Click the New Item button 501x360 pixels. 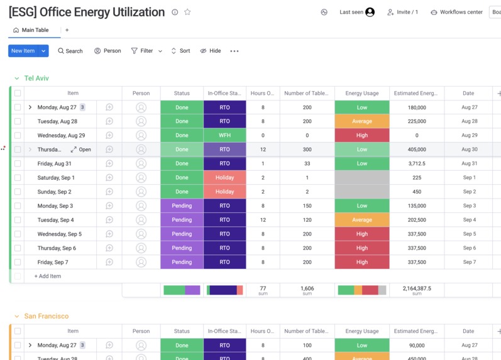(x=23, y=51)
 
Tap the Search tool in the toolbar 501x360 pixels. (x=70, y=51)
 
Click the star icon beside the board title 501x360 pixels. (x=187, y=12)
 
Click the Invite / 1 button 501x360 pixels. (x=402, y=12)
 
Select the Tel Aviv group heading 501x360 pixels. (x=36, y=79)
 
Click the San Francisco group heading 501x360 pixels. (x=47, y=316)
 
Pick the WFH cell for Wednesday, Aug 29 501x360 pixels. (x=224, y=136)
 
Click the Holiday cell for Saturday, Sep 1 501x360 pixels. (x=224, y=178)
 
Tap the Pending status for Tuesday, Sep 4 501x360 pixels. (x=182, y=220)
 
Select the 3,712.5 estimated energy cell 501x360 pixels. (x=416, y=164)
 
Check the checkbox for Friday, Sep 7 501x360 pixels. (x=18, y=262)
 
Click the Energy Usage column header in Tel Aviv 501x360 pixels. (x=361, y=93)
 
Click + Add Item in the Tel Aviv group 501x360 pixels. (x=48, y=276)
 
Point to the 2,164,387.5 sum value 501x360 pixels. (x=416, y=288)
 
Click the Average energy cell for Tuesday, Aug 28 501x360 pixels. (x=361, y=121)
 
